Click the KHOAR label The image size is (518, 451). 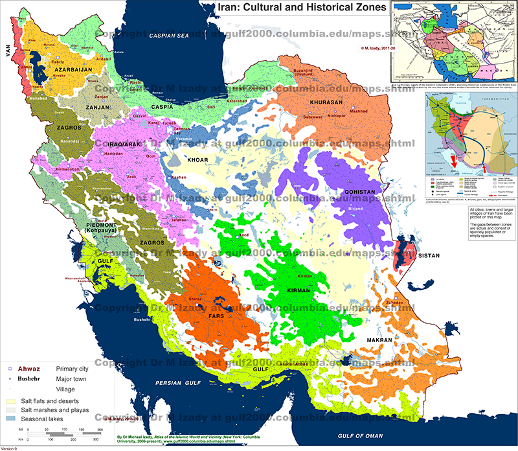199,158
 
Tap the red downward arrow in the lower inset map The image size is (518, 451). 453,159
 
